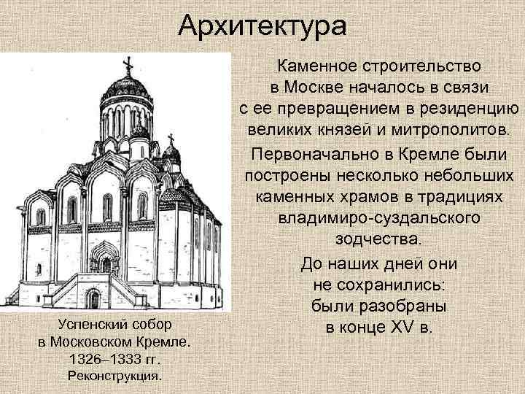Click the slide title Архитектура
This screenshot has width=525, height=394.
(x=262, y=28)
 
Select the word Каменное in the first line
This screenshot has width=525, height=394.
(x=311, y=67)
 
